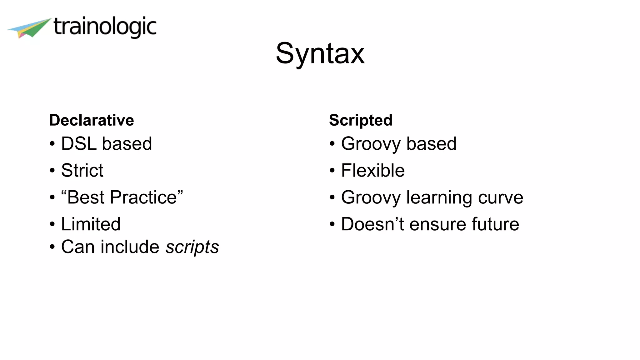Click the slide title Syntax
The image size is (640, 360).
(x=320, y=54)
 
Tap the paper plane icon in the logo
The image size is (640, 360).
(x=30, y=28)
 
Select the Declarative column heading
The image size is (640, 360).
(x=92, y=120)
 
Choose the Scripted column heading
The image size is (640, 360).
(x=361, y=120)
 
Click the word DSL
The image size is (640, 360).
(x=79, y=144)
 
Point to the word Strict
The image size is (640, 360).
(x=82, y=171)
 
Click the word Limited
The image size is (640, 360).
(x=91, y=224)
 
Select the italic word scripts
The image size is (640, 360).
(x=192, y=247)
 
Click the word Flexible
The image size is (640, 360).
(x=373, y=171)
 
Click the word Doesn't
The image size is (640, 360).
(x=372, y=224)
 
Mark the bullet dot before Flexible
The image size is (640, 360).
(x=332, y=171)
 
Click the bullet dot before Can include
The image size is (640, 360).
(x=52, y=247)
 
